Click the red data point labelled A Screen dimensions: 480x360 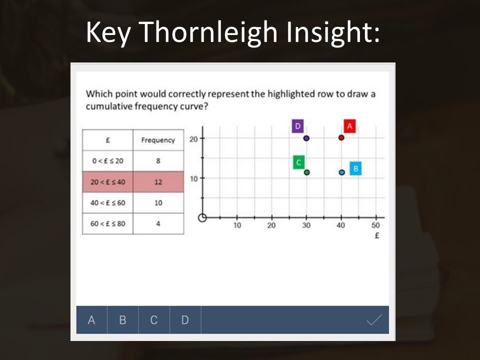click(341, 138)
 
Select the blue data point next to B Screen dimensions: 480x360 click(342, 172)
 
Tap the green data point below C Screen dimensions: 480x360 click(306, 172)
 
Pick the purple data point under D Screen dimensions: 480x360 click(306, 138)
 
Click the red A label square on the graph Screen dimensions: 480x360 click(349, 126)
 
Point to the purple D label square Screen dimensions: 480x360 click(297, 126)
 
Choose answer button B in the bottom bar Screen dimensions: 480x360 click(123, 320)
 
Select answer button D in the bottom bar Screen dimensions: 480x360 click(185, 320)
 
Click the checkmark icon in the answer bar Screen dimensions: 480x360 click(374, 320)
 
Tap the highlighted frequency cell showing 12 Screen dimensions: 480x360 click(158, 182)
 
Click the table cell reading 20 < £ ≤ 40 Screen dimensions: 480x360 click(108, 182)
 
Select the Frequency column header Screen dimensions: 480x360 click(158, 140)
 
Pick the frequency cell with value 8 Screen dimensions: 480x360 click(158, 160)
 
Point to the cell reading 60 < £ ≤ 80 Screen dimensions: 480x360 click(108, 224)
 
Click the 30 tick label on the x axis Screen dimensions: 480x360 click(306, 225)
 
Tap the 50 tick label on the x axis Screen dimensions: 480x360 click(375, 225)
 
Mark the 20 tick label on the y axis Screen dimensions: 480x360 click(193, 139)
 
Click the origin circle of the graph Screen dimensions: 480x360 click(202, 217)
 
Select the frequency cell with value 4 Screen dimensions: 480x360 click(158, 224)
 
